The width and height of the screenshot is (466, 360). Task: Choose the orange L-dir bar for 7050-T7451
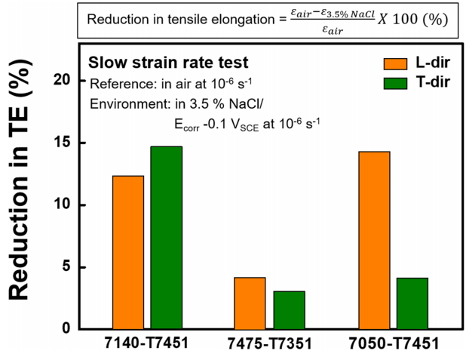(374, 240)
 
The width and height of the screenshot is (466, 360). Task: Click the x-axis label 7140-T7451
(147, 345)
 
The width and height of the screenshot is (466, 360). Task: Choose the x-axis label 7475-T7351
(269, 345)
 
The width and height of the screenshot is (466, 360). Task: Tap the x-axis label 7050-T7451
(392, 345)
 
